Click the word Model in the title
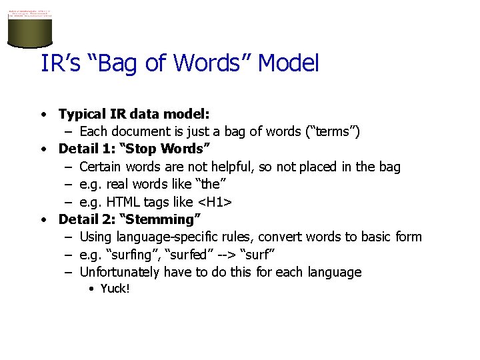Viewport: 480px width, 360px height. point(289,63)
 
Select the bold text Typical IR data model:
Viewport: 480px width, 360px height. point(134,114)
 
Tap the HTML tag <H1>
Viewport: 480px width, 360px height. point(216,201)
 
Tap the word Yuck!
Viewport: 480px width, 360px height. point(115,289)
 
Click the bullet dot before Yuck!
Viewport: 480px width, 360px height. point(91,289)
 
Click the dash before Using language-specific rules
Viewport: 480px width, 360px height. point(69,237)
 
